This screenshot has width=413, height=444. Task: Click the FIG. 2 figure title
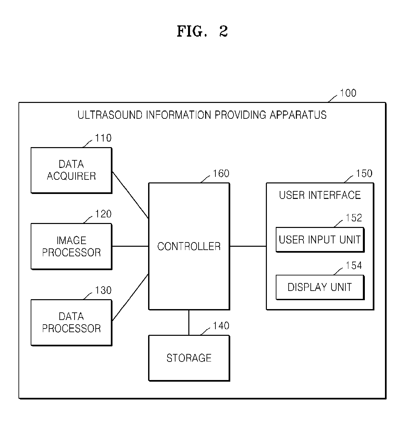click(202, 31)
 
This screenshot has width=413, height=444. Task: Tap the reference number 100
click(348, 93)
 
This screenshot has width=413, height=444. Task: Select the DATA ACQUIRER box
click(72, 170)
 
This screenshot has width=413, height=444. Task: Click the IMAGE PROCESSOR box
click(72, 246)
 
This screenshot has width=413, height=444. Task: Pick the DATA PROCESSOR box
click(72, 323)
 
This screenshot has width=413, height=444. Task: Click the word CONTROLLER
click(189, 246)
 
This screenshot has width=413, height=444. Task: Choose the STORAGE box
click(189, 358)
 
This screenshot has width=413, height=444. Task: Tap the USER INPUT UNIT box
click(320, 240)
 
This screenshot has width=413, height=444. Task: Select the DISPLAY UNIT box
click(320, 287)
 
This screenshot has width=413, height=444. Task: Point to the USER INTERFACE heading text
click(320, 195)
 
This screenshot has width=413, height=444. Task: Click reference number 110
click(103, 138)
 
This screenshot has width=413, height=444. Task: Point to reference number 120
click(103, 214)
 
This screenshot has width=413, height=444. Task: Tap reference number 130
click(103, 290)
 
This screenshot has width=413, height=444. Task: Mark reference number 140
click(221, 326)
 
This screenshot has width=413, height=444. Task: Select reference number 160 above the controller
click(221, 174)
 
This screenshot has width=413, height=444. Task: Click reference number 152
click(354, 218)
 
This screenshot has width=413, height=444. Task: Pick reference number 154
click(354, 266)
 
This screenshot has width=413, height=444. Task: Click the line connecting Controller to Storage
click(189, 323)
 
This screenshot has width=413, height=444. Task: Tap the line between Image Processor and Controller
click(130, 246)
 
